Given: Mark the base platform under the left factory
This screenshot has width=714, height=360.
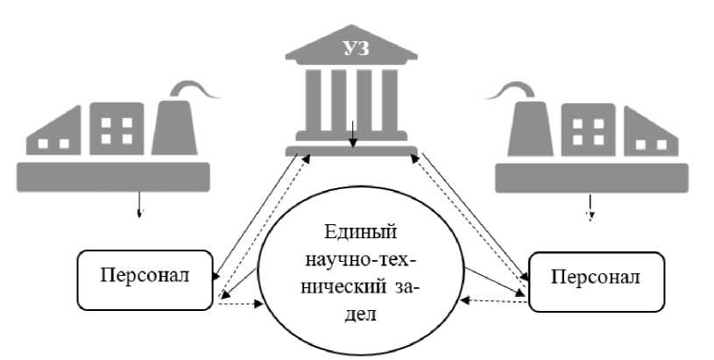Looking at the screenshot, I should [113, 176].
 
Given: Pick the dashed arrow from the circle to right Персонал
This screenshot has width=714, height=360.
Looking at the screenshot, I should [495, 300].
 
